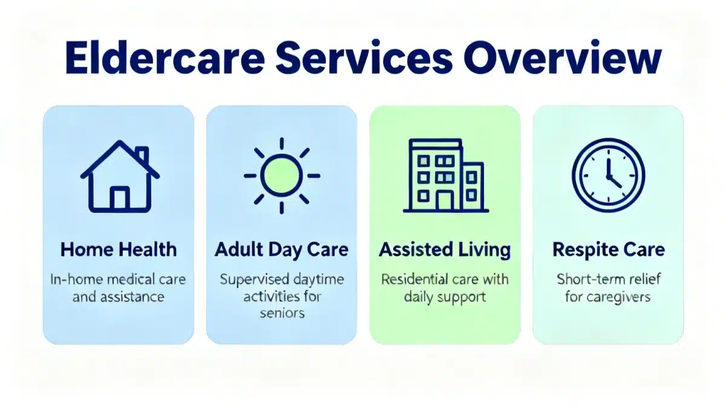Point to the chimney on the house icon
pyautogui.click(x=142, y=155)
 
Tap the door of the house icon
pyautogui.click(x=120, y=198)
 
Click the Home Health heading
pyautogui.click(x=119, y=249)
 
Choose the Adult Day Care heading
pyautogui.click(x=281, y=249)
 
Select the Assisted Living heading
pyautogui.click(x=445, y=249)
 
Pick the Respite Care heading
pyautogui.click(x=608, y=249)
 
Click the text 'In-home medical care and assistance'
pyautogui.click(x=119, y=288)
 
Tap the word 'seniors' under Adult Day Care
pyautogui.click(x=281, y=314)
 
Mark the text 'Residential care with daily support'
pyautogui.click(x=445, y=288)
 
